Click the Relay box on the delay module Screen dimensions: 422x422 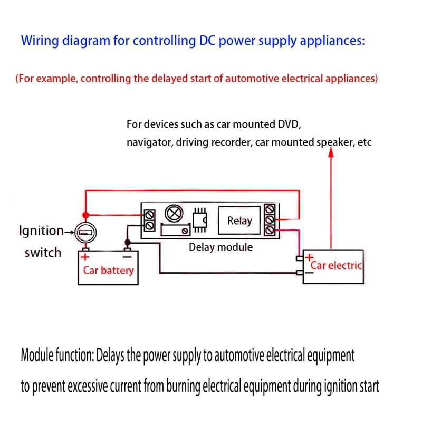[239, 221]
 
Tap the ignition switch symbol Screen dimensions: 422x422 [85, 232]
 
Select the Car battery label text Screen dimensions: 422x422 [108, 271]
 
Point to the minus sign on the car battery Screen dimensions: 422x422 [127, 257]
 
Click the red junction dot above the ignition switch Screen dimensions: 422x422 [85, 215]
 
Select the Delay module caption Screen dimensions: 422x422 [220, 247]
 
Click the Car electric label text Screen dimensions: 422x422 [336, 265]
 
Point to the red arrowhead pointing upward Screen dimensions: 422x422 [331, 152]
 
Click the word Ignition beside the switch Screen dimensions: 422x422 [41, 231]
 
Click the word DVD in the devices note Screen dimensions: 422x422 [287, 125]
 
